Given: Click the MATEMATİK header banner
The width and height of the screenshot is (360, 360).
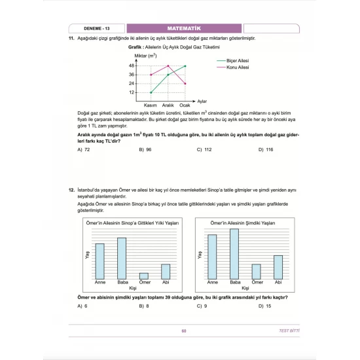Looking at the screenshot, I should pyautogui.click(x=184, y=29).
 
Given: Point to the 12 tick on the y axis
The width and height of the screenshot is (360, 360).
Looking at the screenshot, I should pyautogui.click(x=132, y=92).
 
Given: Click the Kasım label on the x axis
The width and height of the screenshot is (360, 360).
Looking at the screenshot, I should pyautogui.click(x=151, y=105).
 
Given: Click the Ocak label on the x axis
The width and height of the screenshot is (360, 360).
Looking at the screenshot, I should pyautogui.click(x=185, y=105).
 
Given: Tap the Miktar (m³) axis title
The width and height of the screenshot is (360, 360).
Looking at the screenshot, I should pyautogui.click(x=144, y=56).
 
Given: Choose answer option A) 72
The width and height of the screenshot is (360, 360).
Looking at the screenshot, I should pyautogui.click(x=83, y=150).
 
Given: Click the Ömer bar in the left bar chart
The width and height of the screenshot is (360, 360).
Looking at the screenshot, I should pyautogui.click(x=143, y=276).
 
